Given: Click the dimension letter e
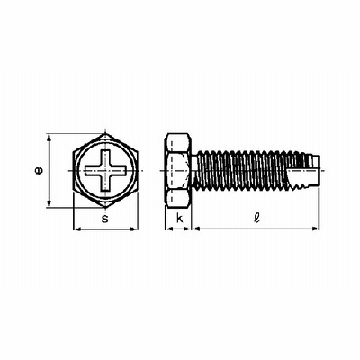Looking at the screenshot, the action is point(39,171).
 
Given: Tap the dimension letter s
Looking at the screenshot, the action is point(104,219).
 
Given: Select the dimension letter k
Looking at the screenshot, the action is point(179,218).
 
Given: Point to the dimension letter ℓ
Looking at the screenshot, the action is point(256,218).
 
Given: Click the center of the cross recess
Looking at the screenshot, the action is point(105,170).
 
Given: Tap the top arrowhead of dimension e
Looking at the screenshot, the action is point(49,138).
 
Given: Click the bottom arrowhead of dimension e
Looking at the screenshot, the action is point(49,203).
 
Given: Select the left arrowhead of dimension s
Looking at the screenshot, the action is point(77,229).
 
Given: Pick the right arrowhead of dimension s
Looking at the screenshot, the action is point(134,229).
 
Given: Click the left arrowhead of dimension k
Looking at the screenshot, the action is point(169,229).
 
